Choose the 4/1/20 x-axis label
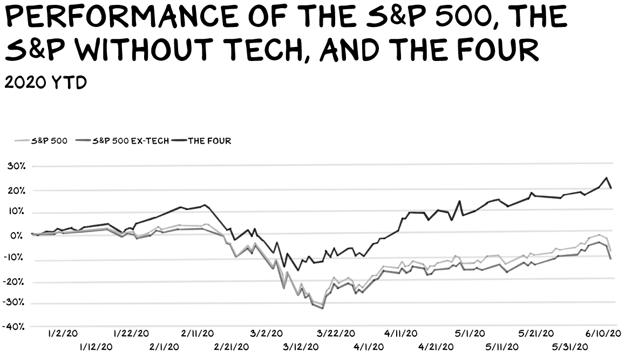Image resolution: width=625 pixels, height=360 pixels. click(x=369, y=347)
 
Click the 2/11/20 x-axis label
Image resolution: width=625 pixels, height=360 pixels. click(x=197, y=334)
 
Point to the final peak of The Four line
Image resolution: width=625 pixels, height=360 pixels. click(x=607, y=178)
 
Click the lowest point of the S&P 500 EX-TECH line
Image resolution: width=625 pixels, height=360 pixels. click(x=322, y=308)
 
